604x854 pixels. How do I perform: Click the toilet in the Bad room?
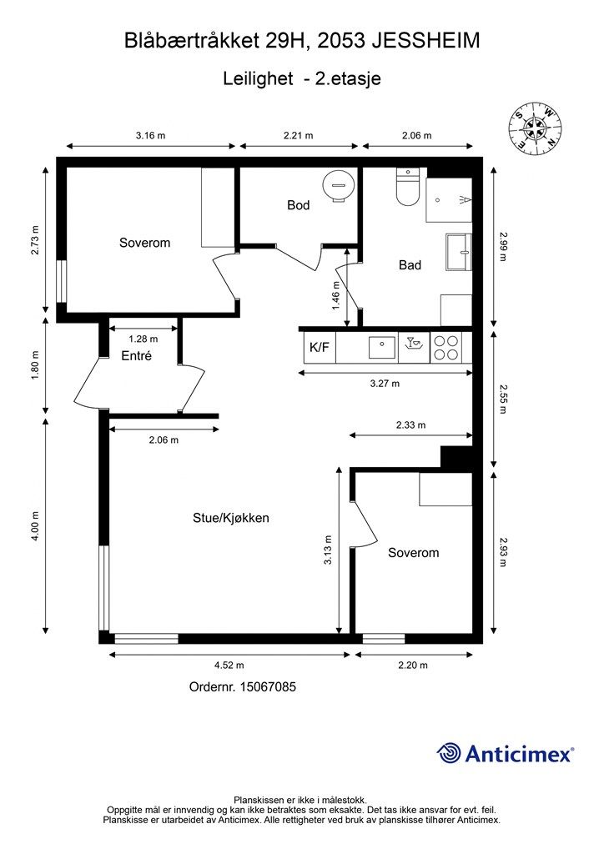pos(407,187)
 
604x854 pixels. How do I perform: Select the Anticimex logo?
pos(505,753)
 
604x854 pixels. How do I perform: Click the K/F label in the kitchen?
pos(320,347)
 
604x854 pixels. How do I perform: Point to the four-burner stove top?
pos(445,348)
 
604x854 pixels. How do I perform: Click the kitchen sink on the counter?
pos(382,348)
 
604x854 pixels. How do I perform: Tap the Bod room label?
pos(299,205)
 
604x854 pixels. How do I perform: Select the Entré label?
pos(136,356)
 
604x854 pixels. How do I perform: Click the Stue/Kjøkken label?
pos(231,518)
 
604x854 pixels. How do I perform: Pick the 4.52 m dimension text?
pos(229,665)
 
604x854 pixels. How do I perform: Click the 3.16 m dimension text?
pos(150,136)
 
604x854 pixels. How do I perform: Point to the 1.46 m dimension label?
pos(335,295)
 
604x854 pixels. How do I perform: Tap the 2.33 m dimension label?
pos(410,424)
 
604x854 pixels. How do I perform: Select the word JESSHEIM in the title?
pos(426,41)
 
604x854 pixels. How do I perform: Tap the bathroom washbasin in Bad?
pos(459,252)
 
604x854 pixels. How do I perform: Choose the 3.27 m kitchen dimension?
pos(385,384)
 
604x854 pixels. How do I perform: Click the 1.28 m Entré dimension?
pos(143,339)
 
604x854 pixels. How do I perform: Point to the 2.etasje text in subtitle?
pos(348,78)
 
